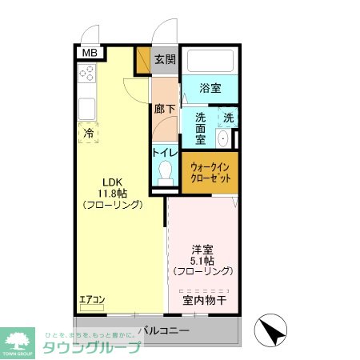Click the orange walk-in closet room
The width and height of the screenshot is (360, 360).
[210, 172]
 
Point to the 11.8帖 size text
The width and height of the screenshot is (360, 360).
[112, 192]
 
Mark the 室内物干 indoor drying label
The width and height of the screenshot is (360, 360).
[205, 301]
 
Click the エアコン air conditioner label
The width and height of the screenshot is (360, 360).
[92, 300]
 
